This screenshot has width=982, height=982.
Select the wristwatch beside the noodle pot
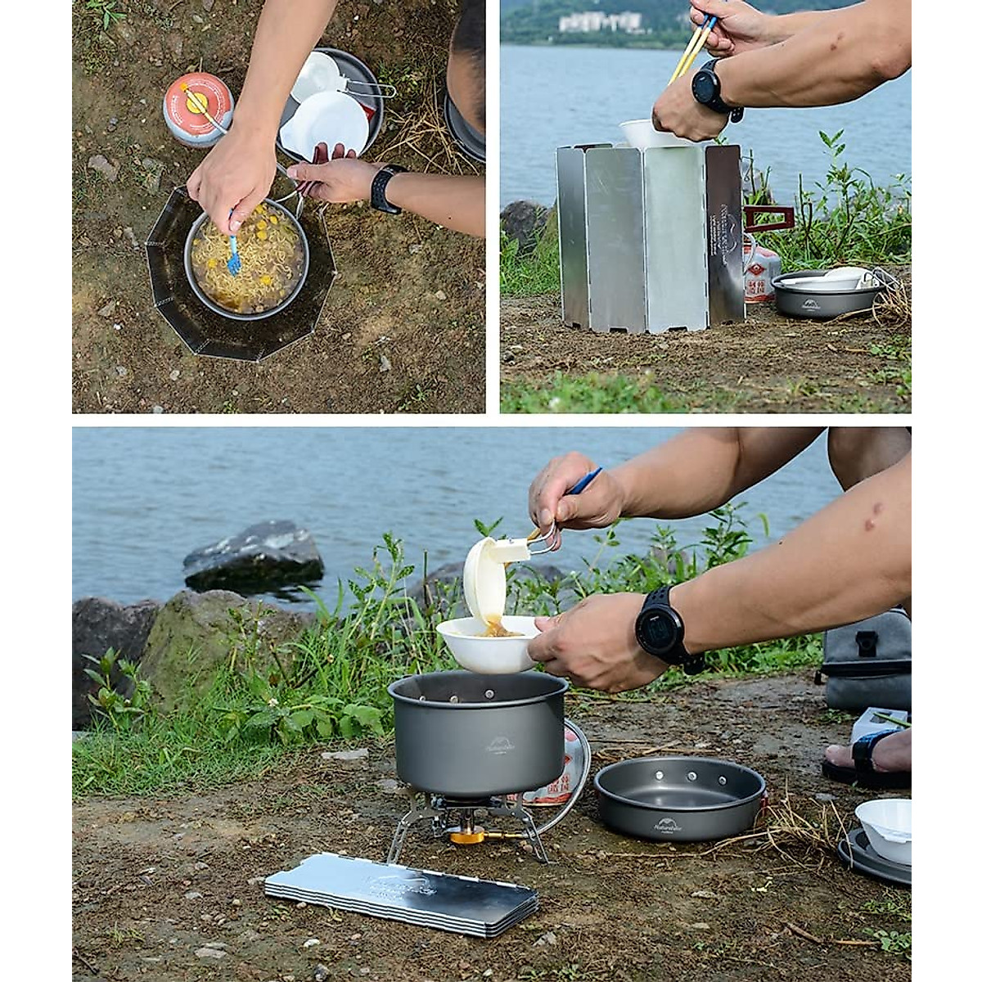click(385, 187)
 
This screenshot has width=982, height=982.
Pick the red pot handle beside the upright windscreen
click(768, 218)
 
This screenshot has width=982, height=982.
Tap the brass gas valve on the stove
click(467, 834)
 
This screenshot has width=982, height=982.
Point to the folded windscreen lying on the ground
click(401, 893)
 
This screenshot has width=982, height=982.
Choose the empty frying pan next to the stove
click(679, 797)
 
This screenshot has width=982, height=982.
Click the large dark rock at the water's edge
click(254, 556)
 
